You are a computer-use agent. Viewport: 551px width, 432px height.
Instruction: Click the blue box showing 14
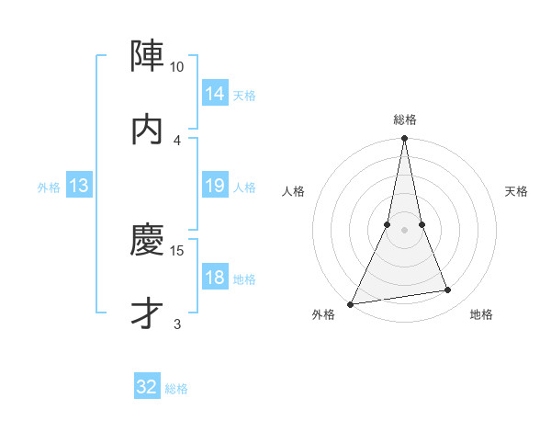pyautogui.click(x=214, y=93)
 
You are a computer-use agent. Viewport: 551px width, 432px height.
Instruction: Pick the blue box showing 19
pyautogui.click(x=214, y=186)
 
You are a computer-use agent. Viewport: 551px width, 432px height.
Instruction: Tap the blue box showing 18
pyautogui.click(x=214, y=278)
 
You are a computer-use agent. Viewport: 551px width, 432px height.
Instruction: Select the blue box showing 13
pyautogui.click(x=79, y=186)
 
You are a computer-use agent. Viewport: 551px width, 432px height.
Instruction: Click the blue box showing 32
pyautogui.click(x=147, y=387)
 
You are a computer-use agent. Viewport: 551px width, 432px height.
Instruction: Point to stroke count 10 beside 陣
pyautogui.click(x=177, y=67)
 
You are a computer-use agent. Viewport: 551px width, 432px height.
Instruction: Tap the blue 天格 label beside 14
pyautogui.click(x=244, y=95)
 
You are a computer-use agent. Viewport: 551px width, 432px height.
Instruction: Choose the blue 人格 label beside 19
pyautogui.click(x=244, y=188)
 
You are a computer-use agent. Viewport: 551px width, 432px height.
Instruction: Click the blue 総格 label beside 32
pyautogui.click(x=177, y=389)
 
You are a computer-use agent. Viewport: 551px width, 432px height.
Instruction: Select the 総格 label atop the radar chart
pyautogui.click(x=405, y=119)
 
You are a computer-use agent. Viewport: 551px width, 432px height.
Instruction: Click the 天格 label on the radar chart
pyautogui.click(x=516, y=191)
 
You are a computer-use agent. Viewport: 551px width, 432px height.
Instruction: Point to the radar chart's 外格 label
pyautogui.click(x=323, y=315)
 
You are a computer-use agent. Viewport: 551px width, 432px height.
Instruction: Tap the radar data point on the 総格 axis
pyautogui.click(x=405, y=139)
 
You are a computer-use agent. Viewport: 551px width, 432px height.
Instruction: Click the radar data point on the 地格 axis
pyautogui.click(x=448, y=290)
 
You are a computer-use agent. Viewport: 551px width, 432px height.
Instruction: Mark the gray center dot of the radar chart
pyautogui.click(x=405, y=230)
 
